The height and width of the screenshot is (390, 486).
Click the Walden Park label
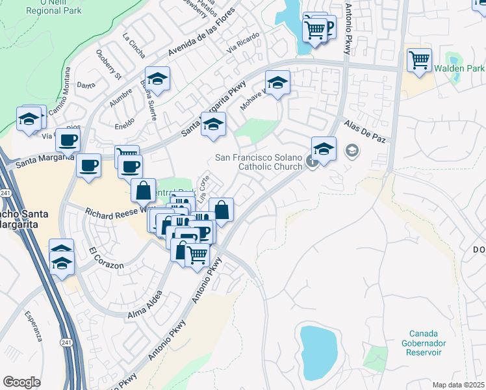pos(459,68)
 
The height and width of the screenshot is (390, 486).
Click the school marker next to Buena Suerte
pos(157,79)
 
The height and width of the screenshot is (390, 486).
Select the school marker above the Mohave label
pos(277,83)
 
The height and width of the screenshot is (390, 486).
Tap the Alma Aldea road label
pos(145,305)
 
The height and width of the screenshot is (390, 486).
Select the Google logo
pos(22,382)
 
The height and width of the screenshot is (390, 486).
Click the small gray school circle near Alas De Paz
pos(352,151)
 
